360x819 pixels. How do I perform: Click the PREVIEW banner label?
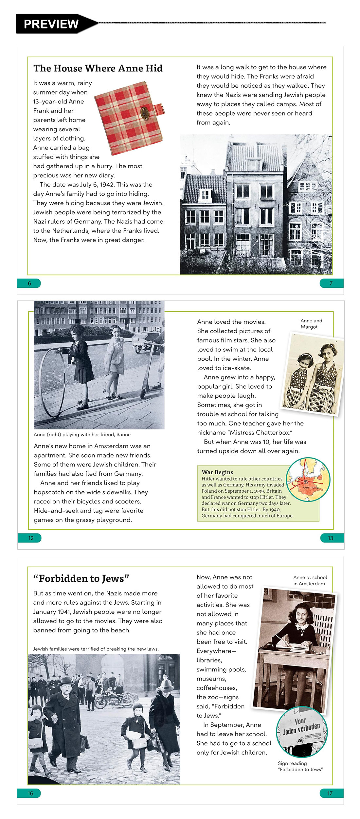pyautogui.click(x=51, y=24)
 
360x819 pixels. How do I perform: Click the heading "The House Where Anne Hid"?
pyautogui.click(x=98, y=68)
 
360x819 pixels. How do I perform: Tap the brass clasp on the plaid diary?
pyautogui.click(x=144, y=113)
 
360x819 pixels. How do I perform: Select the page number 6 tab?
pyautogui.click(x=29, y=283)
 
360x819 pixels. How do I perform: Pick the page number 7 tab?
pyautogui.click(x=331, y=283)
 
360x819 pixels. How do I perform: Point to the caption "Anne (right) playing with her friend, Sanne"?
pyautogui.click(x=82, y=435)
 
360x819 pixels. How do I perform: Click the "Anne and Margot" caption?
pyautogui.click(x=311, y=324)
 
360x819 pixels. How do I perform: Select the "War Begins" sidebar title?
pyautogui.click(x=218, y=472)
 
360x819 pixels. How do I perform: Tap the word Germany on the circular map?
pyautogui.click(x=311, y=487)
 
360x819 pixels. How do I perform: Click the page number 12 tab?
pyautogui.click(x=30, y=538)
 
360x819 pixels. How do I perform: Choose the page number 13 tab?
pyautogui.click(x=331, y=538)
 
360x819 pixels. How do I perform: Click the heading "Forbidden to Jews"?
pyautogui.click(x=81, y=578)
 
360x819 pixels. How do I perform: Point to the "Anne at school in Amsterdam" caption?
pyautogui.click(x=310, y=580)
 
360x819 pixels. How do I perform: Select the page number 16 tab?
pyautogui.click(x=30, y=793)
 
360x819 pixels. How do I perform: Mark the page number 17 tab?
pyautogui.click(x=330, y=793)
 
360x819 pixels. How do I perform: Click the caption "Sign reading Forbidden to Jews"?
pyautogui.click(x=300, y=766)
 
